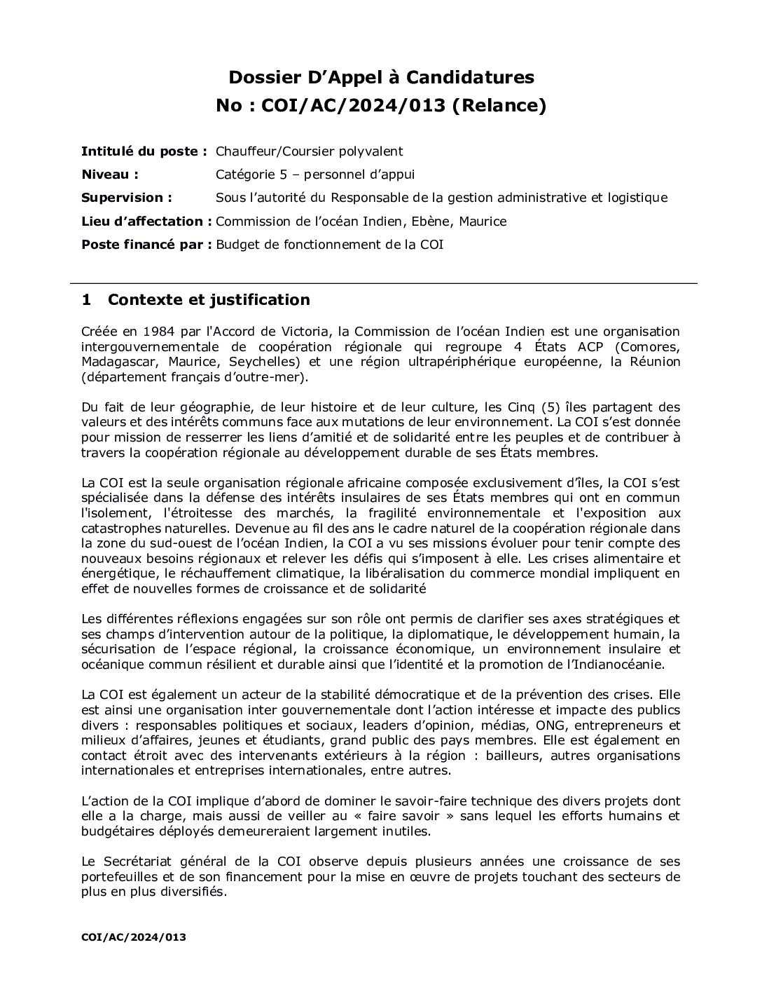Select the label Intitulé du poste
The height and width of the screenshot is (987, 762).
pos(144,151)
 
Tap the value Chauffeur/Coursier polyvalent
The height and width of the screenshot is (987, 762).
pos(309,151)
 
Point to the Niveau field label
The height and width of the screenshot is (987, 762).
pos(109,175)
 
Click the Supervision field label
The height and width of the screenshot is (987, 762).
pos(127,198)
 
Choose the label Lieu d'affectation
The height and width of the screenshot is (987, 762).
pos(146,222)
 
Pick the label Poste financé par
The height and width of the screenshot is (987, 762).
pos(146,245)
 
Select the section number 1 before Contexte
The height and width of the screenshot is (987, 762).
pos(86,300)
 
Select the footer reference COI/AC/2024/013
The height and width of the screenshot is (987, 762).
pos(134,937)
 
